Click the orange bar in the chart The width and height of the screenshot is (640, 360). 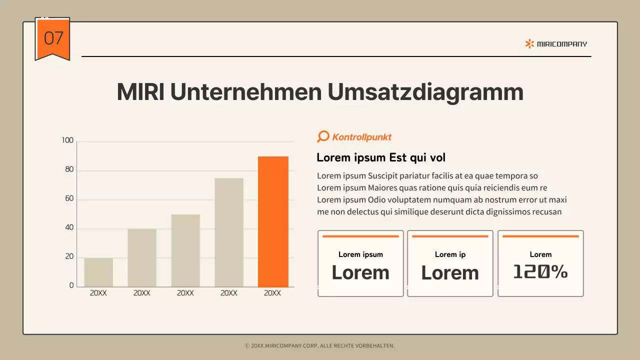point(273,221)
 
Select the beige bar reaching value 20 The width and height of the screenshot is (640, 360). point(98,272)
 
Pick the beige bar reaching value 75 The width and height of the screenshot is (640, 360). point(229,232)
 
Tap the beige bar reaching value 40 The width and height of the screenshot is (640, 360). point(142,257)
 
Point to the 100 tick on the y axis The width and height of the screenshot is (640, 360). point(67,140)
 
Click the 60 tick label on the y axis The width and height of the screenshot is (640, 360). point(68,198)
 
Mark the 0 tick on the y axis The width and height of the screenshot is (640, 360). point(71,285)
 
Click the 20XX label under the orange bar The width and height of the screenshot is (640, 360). point(272,293)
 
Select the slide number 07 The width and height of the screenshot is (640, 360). point(53,38)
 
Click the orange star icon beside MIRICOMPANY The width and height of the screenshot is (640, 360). point(529,44)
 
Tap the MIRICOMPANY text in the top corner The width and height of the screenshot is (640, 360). point(562,44)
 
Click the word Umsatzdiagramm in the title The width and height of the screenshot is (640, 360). point(425,92)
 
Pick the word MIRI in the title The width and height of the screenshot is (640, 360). point(140,92)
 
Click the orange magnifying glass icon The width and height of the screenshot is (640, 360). point(323,136)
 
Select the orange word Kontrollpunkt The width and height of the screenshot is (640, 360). point(362,137)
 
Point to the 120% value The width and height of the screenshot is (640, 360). point(540,271)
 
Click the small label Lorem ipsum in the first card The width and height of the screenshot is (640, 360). point(360,254)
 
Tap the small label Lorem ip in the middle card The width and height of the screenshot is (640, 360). point(450,254)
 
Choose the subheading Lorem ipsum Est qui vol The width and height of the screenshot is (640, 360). point(381,158)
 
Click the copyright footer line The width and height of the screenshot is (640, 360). point(320,345)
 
